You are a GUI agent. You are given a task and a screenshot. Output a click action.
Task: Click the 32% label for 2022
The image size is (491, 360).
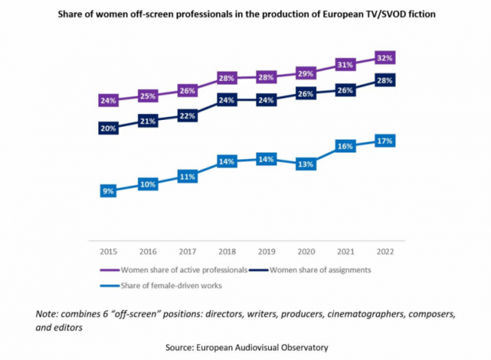[384, 58]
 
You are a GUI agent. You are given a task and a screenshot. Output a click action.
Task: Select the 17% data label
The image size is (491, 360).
[384, 140]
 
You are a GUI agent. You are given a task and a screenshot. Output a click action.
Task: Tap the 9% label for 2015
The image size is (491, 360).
[108, 191]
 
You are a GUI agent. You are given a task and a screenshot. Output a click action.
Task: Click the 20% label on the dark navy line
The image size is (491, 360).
[108, 128]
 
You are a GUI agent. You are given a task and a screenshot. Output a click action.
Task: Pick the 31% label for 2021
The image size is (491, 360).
[345, 65]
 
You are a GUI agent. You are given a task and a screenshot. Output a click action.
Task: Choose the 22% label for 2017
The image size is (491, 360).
[187, 115]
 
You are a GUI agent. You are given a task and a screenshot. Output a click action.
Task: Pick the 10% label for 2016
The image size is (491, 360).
[148, 184]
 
